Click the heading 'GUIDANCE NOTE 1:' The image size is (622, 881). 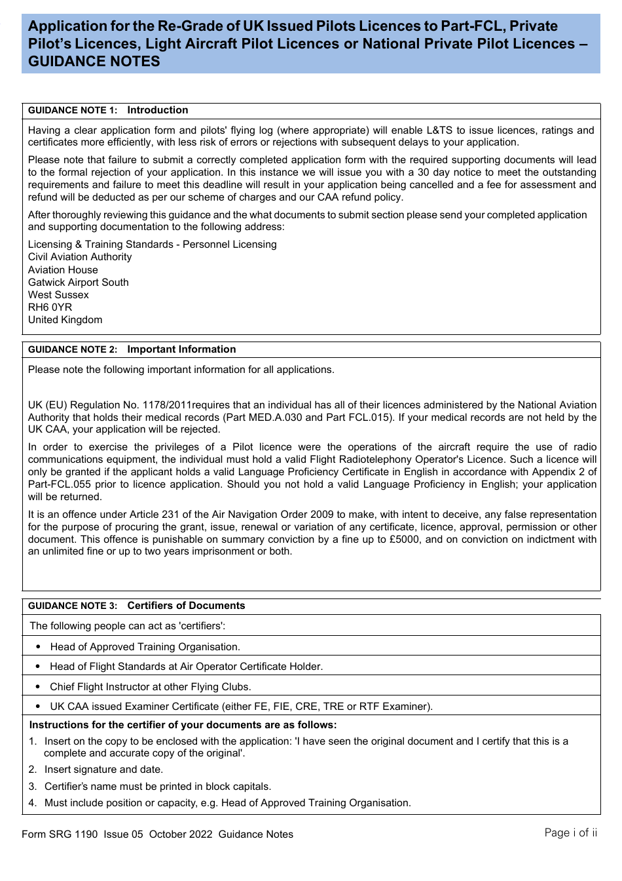tap(72, 111)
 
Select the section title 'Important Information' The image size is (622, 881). tap(181, 350)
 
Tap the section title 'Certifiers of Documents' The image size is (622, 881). tap(186, 606)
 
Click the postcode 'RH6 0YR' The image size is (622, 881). tap(50, 307)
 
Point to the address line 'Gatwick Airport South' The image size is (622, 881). tap(78, 283)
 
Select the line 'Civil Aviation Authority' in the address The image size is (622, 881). tap(79, 257)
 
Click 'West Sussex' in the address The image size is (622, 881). tap(58, 295)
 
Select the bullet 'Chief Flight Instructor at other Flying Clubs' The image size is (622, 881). tap(150, 687)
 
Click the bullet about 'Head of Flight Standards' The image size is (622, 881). tap(186, 667)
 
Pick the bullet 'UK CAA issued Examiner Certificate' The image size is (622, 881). tap(241, 707)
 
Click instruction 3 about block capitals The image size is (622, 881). tap(157, 787)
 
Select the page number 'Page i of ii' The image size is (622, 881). tap(570, 833)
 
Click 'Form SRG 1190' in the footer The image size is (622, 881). tap(60, 834)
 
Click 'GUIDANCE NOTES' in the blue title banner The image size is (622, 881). tap(94, 62)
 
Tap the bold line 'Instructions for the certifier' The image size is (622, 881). tap(183, 725)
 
